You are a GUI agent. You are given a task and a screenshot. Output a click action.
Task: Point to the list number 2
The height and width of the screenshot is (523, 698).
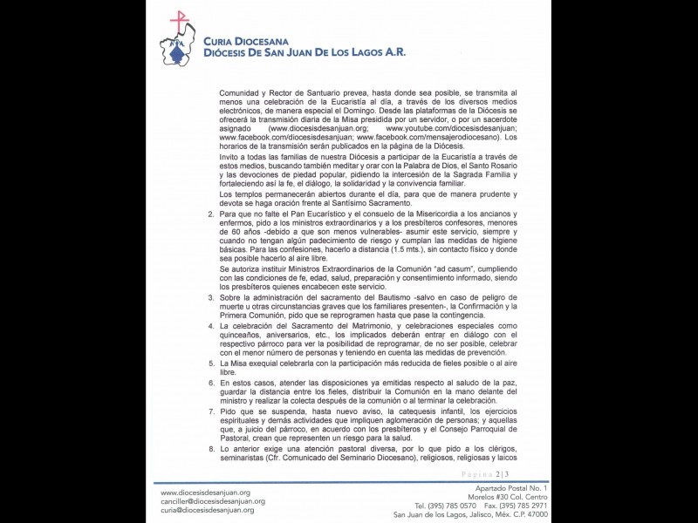210,214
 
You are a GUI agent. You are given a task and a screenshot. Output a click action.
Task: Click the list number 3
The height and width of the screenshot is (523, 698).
210,298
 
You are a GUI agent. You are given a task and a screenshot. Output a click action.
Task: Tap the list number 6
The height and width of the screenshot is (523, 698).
210,383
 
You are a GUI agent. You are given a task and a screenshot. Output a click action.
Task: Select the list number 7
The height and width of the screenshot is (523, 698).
210,409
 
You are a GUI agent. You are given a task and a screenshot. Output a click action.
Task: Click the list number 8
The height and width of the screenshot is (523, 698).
210,448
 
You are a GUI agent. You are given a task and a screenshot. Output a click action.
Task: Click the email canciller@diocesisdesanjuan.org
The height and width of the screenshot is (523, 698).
213,501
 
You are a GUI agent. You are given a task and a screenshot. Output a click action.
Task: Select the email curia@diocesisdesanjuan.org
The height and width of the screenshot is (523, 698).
207,511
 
